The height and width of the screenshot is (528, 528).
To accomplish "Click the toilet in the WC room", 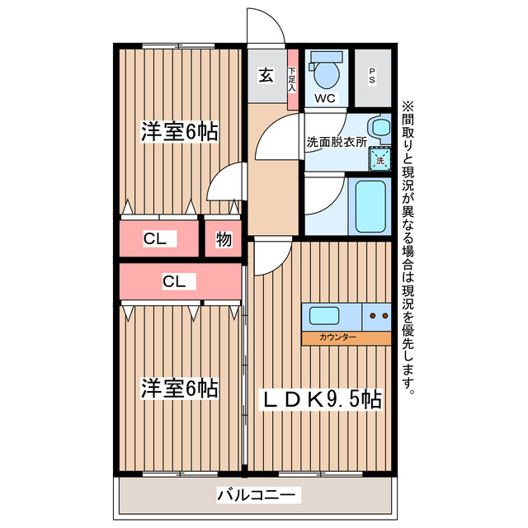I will (328, 73).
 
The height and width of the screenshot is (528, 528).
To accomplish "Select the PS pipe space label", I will (372, 77).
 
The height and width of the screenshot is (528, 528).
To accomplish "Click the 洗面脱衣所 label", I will (337, 142).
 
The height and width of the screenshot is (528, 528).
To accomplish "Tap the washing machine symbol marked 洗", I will (379, 158).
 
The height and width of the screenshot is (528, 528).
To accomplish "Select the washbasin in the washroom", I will (379, 128).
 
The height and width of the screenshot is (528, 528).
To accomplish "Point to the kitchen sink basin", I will (323, 315).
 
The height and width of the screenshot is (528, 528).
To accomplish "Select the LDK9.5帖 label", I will (322, 400).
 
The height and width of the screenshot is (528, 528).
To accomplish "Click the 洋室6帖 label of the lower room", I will (179, 388).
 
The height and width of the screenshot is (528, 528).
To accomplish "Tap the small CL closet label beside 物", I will (155, 240).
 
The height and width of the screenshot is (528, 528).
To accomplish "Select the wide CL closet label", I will (173, 282).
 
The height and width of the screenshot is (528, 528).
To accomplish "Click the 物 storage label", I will (224, 240).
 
